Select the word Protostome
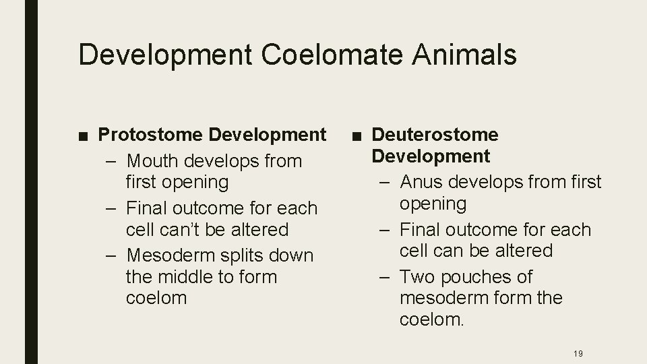[151, 135]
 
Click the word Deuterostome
[435, 135]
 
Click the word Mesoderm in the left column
[171, 255]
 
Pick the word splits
[242, 255]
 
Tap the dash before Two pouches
[386, 277]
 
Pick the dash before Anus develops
[386, 182]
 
